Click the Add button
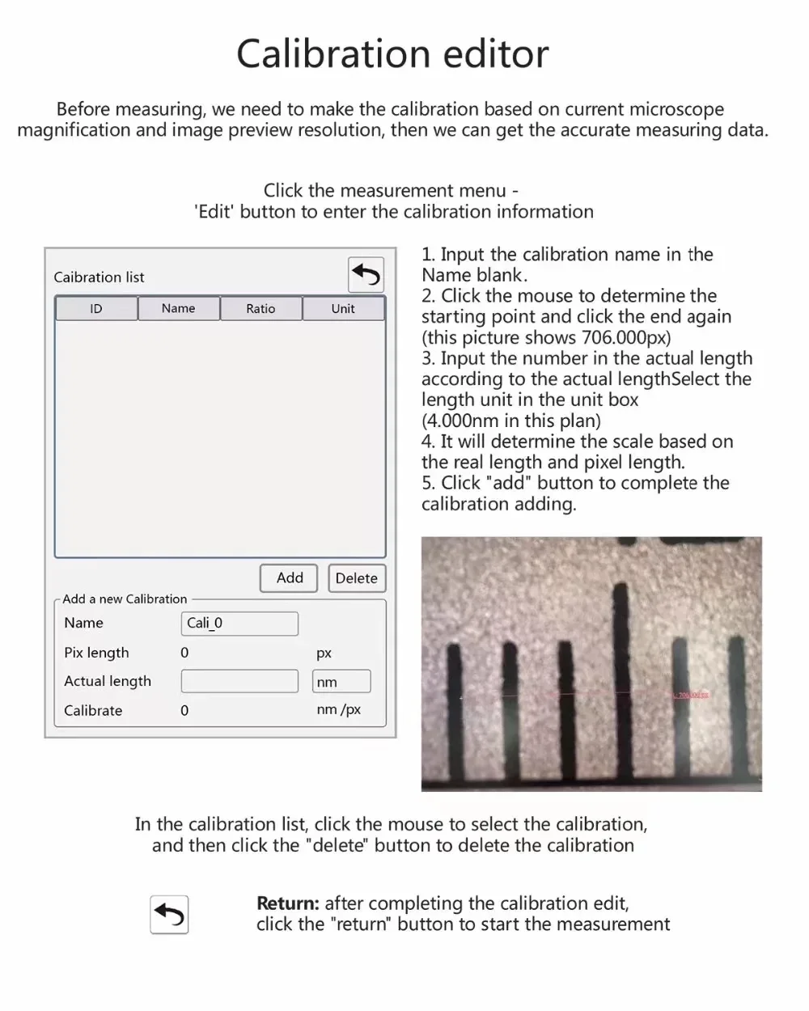point(289,578)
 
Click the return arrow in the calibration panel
point(366,275)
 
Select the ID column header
point(96,309)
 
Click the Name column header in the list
point(178,309)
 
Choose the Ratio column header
point(260,309)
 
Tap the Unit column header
point(343,309)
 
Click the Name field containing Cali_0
point(239,624)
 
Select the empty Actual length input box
point(239,682)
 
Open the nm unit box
point(341,682)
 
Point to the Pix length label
point(96,653)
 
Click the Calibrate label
point(93,711)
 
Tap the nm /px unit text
point(339,710)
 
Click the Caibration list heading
point(99,277)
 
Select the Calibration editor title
point(392,54)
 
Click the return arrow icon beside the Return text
point(169,915)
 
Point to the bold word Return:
point(287,903)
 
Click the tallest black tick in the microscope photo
point(621,671)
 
